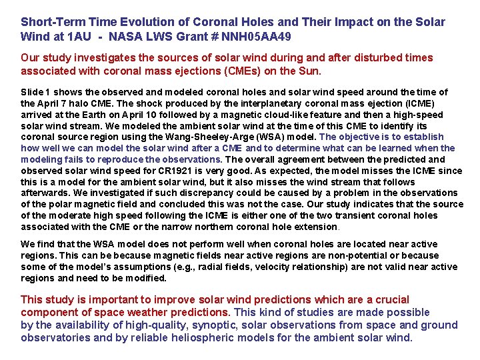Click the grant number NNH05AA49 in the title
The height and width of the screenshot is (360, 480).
(x=258, y=35)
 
